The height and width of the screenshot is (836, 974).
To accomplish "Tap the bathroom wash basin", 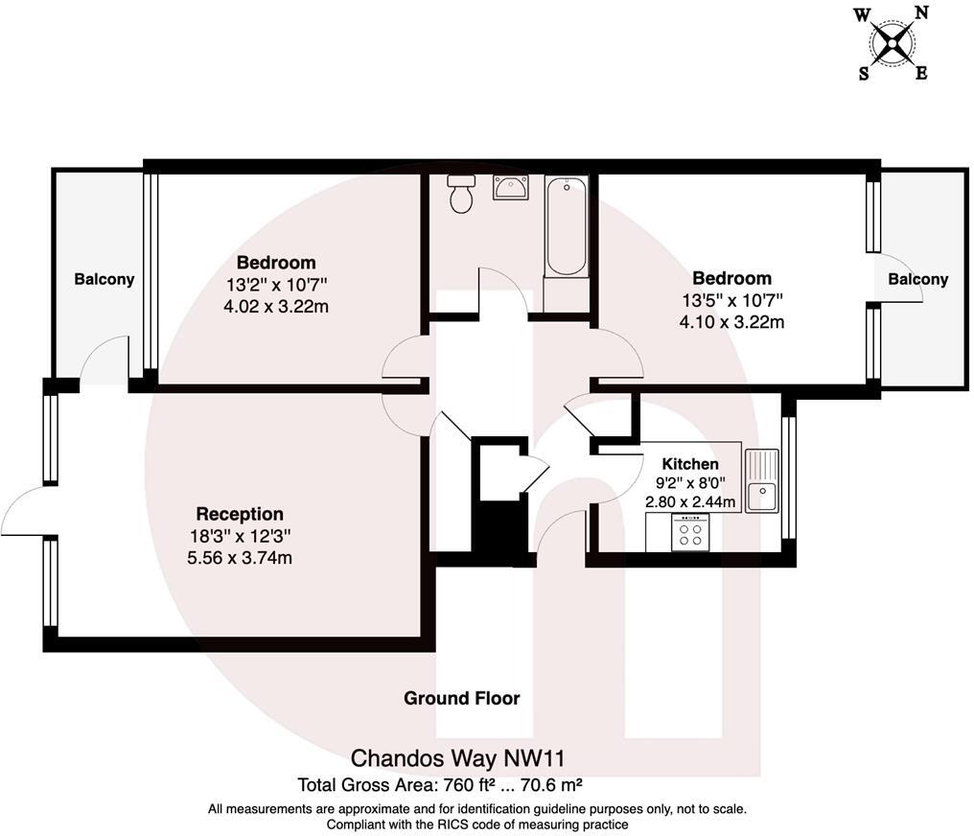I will pyautogui.click(x=509, y=188).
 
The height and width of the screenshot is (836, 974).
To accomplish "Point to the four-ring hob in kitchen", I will pyautogui.click(x=690, y=531).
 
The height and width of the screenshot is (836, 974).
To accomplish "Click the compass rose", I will pyautogui.click(x=893, y=42).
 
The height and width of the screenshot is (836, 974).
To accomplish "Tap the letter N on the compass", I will pyautogui.click(x=921, y=12).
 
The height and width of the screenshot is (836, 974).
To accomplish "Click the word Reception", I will pyautogui.click(x=240, y=514).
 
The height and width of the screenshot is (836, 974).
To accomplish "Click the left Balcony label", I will pyautogui.click(x=104, y=279).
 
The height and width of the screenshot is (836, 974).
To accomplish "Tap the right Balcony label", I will pyautogui.click(x=917, y=279).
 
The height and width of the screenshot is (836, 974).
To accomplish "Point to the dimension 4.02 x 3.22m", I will pyautogui.click(x=276, y=306).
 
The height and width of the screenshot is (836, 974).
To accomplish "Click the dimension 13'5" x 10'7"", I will pyautogui.click(x=731, y=300).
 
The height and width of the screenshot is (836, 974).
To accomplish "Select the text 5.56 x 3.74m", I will pyautogui.click(x=240, y=557).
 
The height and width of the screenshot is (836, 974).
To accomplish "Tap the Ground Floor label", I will pyautogui.click(x=461, y=698).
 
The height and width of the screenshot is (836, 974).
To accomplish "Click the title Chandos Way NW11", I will pyautogui.click(x=464, y=758).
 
